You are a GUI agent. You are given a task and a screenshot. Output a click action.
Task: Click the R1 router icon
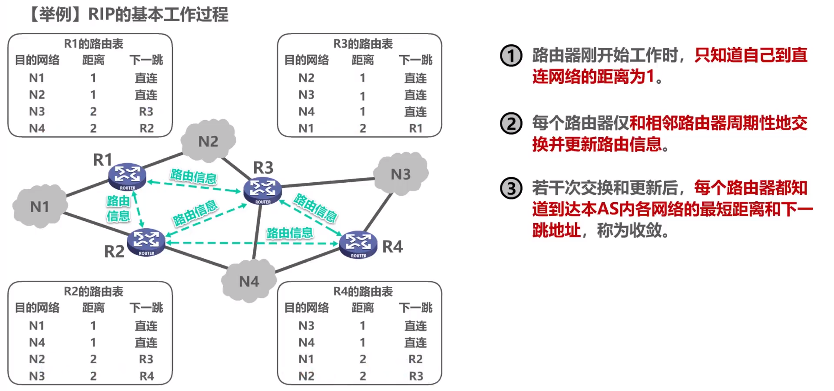click(127, 176)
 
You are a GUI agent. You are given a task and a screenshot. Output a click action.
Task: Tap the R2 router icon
click(146, 242)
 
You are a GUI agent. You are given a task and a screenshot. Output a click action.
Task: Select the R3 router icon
click(262, 191)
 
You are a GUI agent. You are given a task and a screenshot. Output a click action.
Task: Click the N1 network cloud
click(40, 207)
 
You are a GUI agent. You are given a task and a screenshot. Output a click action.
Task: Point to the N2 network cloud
click(208, 141)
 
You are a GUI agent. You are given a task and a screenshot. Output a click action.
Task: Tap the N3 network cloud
click(400, 174)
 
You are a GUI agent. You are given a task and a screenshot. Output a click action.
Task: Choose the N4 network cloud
click(249, 281)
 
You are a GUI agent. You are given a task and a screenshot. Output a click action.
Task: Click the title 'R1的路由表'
click(93, 44)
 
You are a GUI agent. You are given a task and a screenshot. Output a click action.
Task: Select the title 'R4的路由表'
click(363, 292)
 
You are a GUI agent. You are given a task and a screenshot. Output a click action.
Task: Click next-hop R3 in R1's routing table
click(146, 112)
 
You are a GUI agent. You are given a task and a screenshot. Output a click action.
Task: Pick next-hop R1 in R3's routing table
click(416, 128)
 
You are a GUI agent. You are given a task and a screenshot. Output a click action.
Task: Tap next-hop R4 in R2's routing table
click(146, 376)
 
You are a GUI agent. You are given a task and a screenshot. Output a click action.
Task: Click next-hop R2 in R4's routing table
click(415, 359)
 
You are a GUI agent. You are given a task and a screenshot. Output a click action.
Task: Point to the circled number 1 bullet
click(511, 56)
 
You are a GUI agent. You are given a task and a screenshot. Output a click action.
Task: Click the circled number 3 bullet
click(511, 188)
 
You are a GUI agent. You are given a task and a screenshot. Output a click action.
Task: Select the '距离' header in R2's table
click(93, 308)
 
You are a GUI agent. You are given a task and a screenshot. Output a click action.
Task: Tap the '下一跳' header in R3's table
click(415, 60)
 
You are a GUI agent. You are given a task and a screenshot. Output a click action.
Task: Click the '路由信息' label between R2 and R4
click(289, 233)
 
